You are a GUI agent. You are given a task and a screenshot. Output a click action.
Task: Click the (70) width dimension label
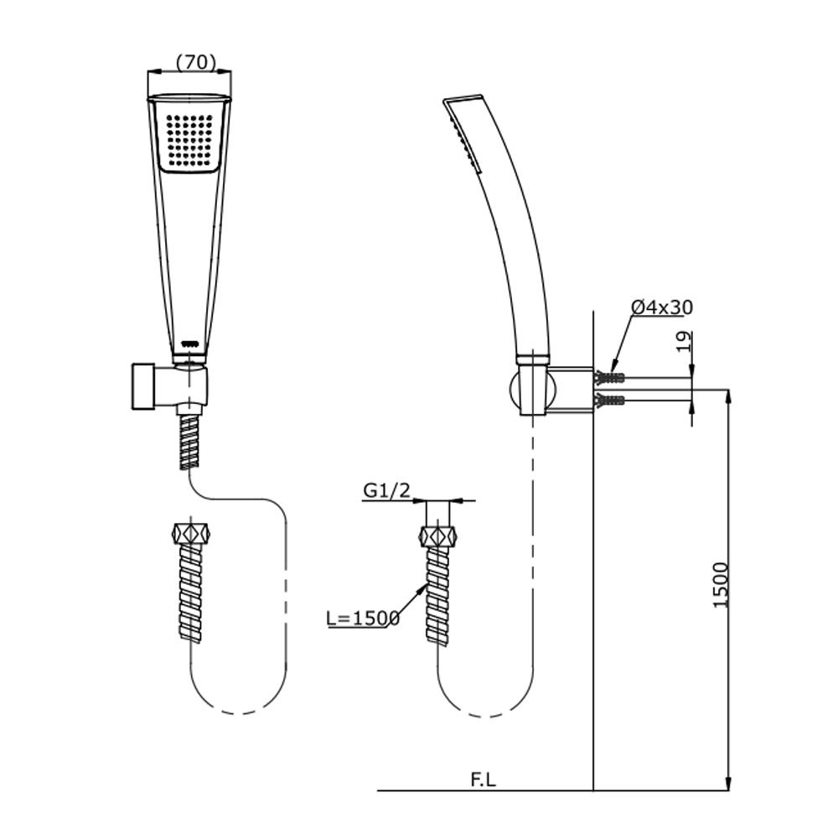(196, 62)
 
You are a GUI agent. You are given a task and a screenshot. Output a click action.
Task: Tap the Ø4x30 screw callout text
(662, 308)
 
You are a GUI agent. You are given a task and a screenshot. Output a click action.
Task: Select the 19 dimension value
(684, 341)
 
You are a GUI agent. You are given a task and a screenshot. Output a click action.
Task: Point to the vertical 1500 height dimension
(722, 585)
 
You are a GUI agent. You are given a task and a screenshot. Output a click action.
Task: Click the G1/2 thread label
(386, 491)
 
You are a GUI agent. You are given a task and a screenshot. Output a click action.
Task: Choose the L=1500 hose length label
(363, 618)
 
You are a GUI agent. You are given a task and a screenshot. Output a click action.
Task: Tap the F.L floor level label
(483, 779)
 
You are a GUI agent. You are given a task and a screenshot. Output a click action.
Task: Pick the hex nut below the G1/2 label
(441, 535)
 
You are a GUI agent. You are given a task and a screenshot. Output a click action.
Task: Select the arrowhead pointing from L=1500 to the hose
(422, 585)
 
